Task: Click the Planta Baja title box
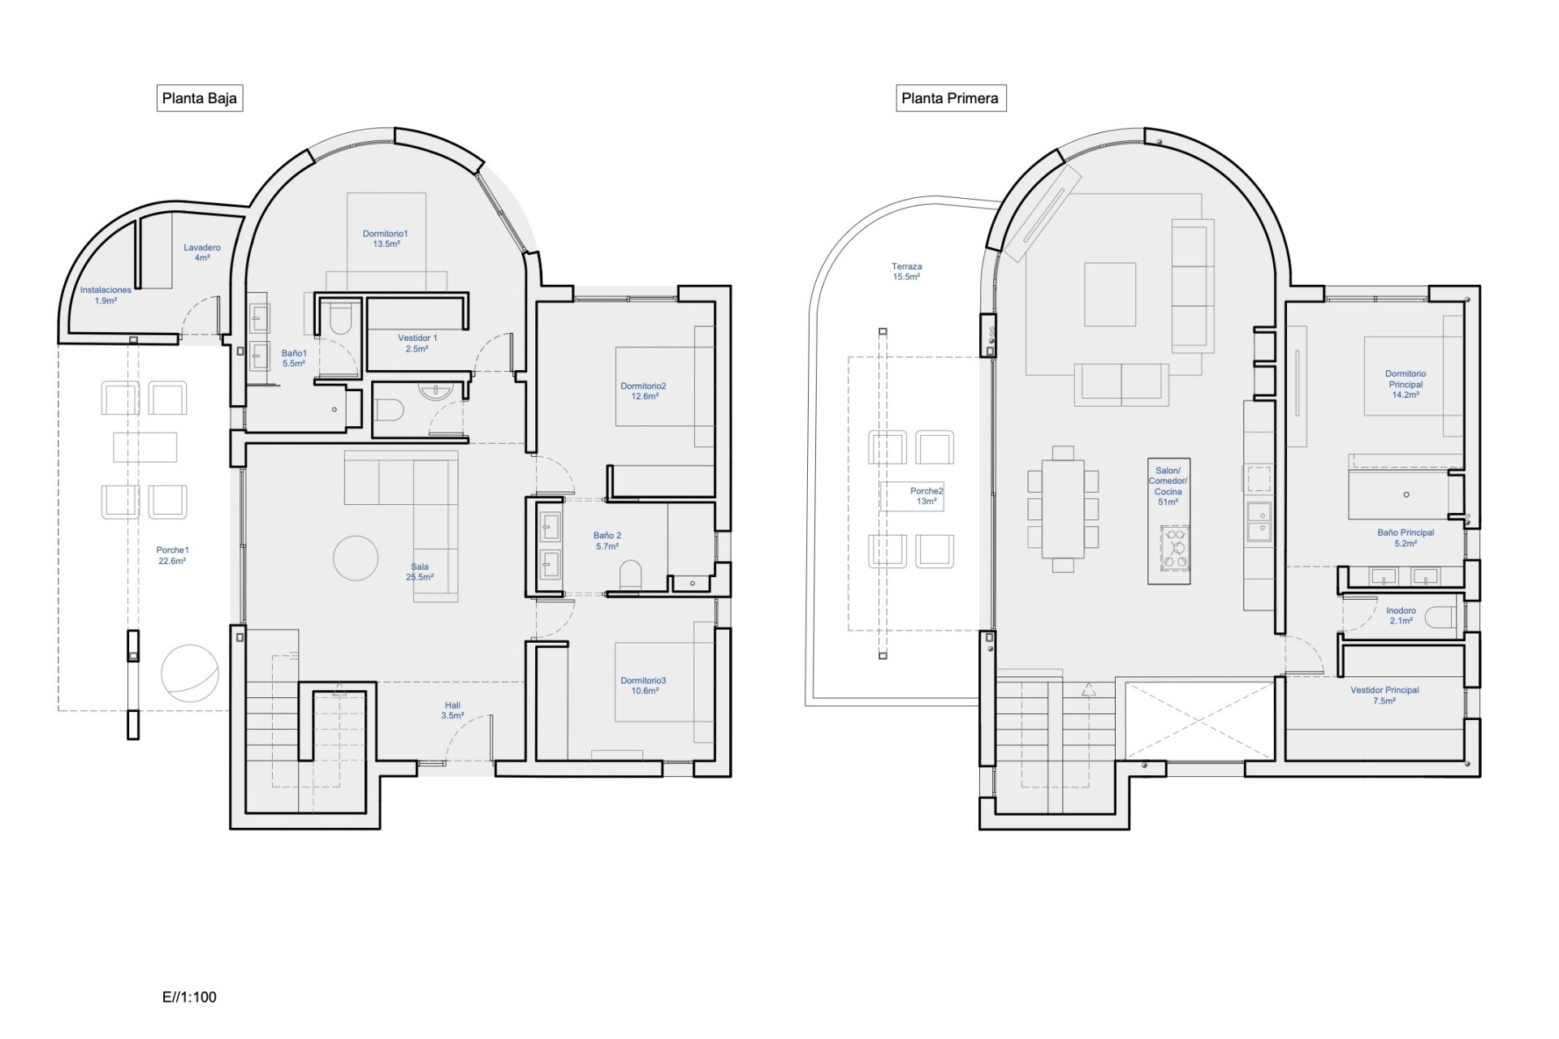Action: pos(200,98)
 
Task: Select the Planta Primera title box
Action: pos(950,98)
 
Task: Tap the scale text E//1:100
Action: pos(189,997)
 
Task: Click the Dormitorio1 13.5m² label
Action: pos(386,239)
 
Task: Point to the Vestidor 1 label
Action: pos(417,343)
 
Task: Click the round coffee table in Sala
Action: pos(356,558)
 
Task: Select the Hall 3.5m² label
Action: pos(452,710)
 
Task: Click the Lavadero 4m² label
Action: pos(202,252)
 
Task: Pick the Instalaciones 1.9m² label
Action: pos(106,295)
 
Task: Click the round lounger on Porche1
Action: pos(190,673)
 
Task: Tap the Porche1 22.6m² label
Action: pos(172,555)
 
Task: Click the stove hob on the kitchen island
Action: pos(1173,546)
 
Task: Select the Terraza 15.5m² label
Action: pos(906,271)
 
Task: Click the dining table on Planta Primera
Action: pos(1063,509)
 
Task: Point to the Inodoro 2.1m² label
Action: pos(1401,615)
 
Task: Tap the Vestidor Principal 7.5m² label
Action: pos(1384,695)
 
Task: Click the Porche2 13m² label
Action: pos(926,496)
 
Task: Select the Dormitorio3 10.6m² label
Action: pos(643,686)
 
